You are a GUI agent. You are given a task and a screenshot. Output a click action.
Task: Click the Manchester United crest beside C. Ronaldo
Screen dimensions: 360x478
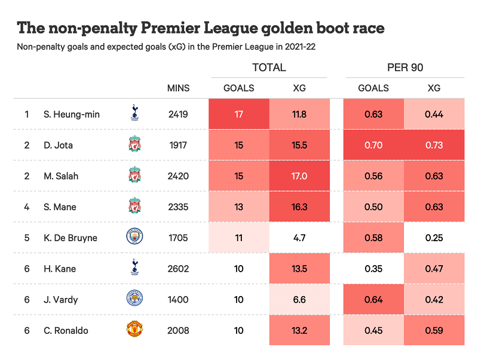[134, 330]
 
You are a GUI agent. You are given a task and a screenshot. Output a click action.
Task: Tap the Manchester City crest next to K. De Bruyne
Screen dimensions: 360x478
[134, 237]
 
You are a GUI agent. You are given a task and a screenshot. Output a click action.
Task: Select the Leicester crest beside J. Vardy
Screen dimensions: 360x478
[134, 299]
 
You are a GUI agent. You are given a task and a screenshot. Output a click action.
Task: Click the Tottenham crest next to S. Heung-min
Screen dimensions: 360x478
[134, 113]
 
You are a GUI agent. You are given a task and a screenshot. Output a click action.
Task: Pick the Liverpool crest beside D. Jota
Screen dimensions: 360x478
[134, 144]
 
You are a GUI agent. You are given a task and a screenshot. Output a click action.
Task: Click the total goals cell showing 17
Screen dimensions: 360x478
[239, 114]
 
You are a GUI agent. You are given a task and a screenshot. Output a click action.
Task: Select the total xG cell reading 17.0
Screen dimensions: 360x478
[299, 176]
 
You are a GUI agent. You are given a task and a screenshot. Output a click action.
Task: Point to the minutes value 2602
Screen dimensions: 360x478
[178, 269]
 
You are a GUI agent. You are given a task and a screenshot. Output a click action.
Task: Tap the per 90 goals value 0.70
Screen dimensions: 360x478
[373, 145]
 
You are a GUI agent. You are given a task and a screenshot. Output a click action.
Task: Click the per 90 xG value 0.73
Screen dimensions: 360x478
[434, 145]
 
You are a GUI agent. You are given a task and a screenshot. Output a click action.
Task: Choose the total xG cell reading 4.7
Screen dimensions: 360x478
[299, 238]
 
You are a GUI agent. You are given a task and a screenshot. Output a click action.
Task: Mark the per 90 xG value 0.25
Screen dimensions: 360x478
[434, 238]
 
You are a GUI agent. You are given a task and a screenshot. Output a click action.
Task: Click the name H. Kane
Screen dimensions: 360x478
[60, 269]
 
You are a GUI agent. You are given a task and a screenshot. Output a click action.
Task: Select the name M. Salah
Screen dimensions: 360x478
[61, 176]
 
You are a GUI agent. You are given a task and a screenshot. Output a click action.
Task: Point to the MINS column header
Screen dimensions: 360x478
[178, 88]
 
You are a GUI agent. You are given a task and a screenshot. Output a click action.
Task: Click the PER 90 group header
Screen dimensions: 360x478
[405, 67]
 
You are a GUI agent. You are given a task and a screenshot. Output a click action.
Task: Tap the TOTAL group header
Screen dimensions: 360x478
[269, 67]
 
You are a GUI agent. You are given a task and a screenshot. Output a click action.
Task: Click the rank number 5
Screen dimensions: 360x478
[27, 238]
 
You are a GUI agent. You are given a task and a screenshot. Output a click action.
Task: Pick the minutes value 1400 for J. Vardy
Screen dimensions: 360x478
[178, 300]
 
